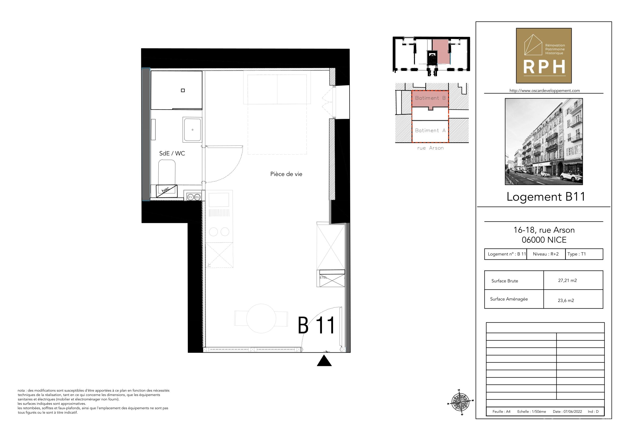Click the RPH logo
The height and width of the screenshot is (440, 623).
(x=544, y=56)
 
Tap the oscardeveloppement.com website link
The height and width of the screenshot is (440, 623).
(x=545, y=91)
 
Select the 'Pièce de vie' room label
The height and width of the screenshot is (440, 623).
(x=286, y=174)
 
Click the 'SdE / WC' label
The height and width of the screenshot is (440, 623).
(x=172, y=153)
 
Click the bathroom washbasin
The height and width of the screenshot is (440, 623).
(x=192, y=129)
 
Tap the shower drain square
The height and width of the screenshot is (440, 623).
(x=183, y=90)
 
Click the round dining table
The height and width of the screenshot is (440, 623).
(x=261, y=318)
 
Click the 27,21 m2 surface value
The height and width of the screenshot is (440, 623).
(x=567, y=280)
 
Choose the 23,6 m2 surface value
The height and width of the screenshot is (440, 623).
(x=566, y=300)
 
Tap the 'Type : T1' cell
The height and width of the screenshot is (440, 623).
(x=576, y=254)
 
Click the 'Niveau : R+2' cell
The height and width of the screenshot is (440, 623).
(x=546, y=254)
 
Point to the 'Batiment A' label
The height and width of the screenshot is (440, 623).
(x=430, y=130)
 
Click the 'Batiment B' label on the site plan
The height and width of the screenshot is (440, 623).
(x=430, y=98)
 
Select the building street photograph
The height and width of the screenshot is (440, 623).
(x=544, y=142)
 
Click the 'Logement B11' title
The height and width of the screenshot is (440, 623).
(x=546, y=197)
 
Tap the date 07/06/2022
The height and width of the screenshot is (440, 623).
(x=573, y=411)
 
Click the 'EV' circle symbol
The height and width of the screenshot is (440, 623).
(x=190, y=197)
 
